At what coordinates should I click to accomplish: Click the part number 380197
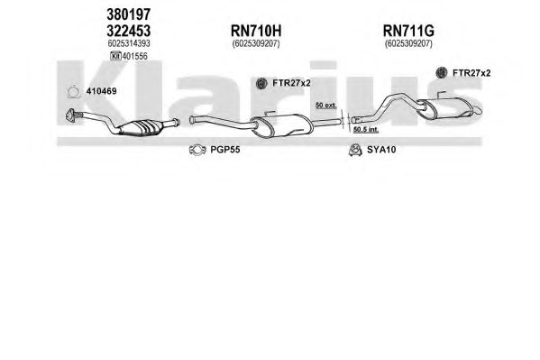[128, 14]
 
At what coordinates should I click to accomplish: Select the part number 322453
[128, 31]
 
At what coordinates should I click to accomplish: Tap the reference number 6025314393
[129, 43]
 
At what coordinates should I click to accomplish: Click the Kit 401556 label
[129, 56]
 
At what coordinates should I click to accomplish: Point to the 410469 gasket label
[101, 91]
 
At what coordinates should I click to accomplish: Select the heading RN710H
[256, 31]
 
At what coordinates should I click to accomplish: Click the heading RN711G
[408, 31]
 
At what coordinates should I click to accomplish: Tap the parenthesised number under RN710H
[256, 44]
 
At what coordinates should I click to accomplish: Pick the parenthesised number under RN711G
[408, 44]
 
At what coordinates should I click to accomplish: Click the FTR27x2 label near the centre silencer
[291, 83]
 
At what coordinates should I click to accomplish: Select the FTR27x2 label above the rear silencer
[471, 73]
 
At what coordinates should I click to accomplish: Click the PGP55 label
[225, 150]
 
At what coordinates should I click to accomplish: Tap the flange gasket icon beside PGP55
[197, 150]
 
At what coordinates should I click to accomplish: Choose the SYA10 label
[381, 150]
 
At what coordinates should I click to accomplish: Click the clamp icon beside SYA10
[354, 150]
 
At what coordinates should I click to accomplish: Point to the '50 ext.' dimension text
[325, 106]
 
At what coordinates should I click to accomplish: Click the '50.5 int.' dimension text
[366, 130]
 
